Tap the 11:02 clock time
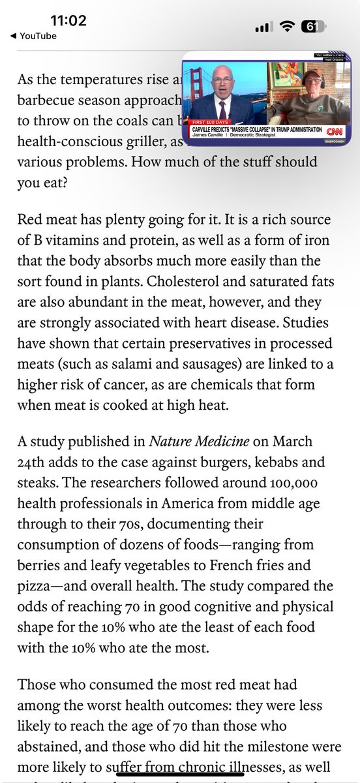coord(66,21)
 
